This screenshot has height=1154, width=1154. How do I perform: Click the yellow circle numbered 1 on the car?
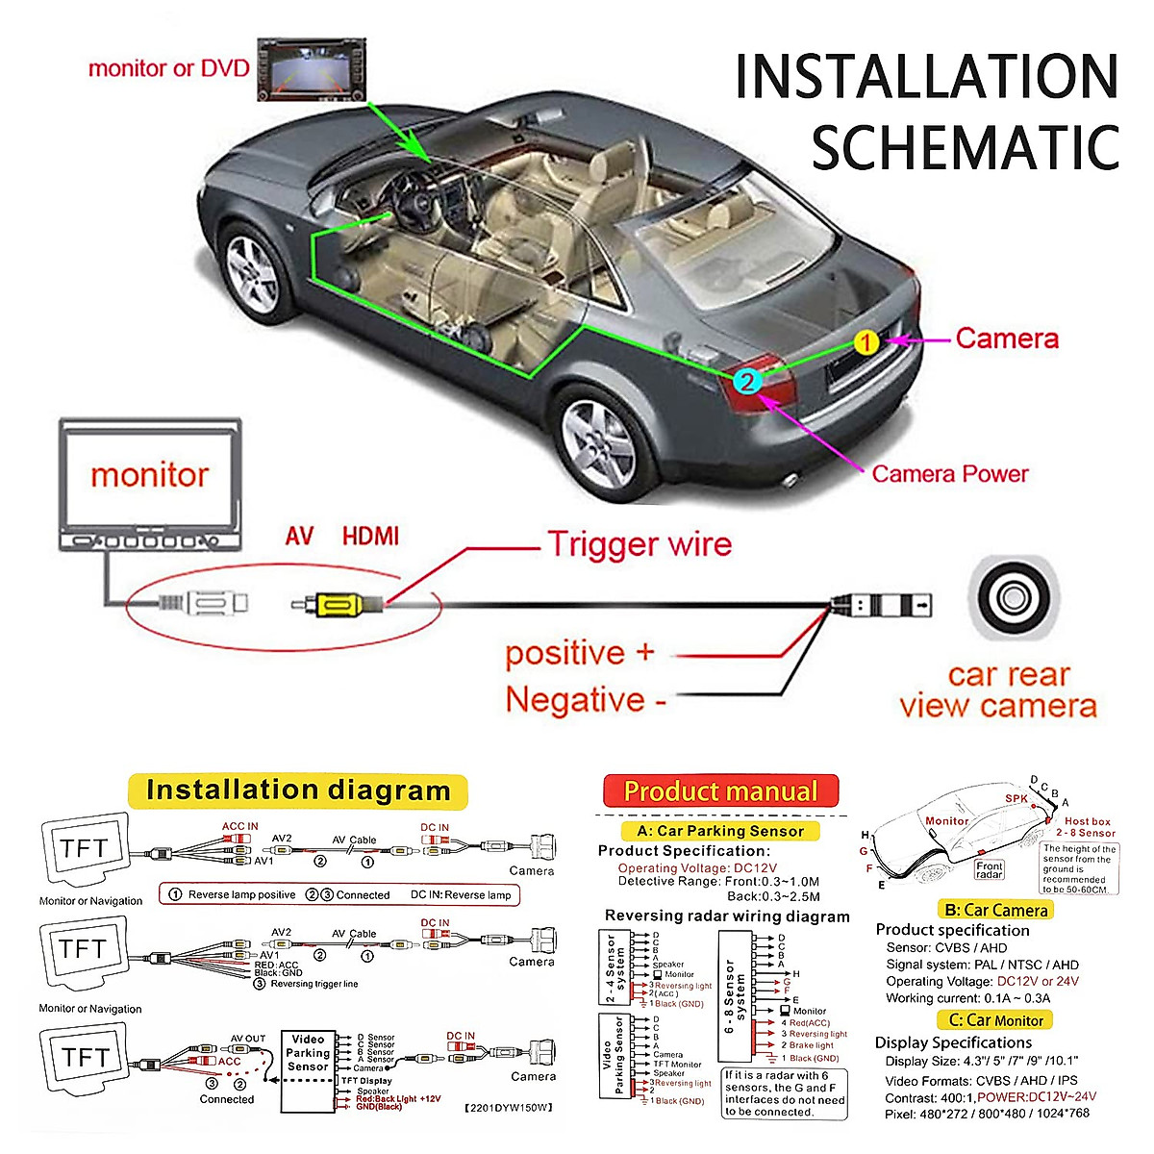[866, 342]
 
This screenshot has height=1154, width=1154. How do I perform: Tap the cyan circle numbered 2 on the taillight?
[746, 381]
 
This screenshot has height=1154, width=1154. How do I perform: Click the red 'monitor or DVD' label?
[168, 68]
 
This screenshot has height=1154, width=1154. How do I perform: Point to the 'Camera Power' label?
[949, 473]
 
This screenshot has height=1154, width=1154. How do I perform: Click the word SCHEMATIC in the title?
[965, 147]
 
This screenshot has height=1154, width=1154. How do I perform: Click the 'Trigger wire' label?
[640, 544]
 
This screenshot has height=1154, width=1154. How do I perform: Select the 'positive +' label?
[579, 653]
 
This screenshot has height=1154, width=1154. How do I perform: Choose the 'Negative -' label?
[586, 699]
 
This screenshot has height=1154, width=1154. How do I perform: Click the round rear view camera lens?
[1011, 598]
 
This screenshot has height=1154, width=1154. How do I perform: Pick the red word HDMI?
[370, 536]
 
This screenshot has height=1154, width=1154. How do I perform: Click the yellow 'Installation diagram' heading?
[298, 791]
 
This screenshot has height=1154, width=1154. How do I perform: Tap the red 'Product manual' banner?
[720, 791]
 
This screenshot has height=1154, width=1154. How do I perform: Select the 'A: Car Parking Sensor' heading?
[720, 831]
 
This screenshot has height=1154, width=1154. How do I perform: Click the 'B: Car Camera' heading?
[995, 910]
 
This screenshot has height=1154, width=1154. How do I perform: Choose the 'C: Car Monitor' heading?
[995, 1020]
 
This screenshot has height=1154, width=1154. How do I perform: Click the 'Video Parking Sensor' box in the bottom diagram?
[308, 1053]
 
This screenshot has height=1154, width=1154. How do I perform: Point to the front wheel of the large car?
[252, 273]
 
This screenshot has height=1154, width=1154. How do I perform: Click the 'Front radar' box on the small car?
[989, 869]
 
